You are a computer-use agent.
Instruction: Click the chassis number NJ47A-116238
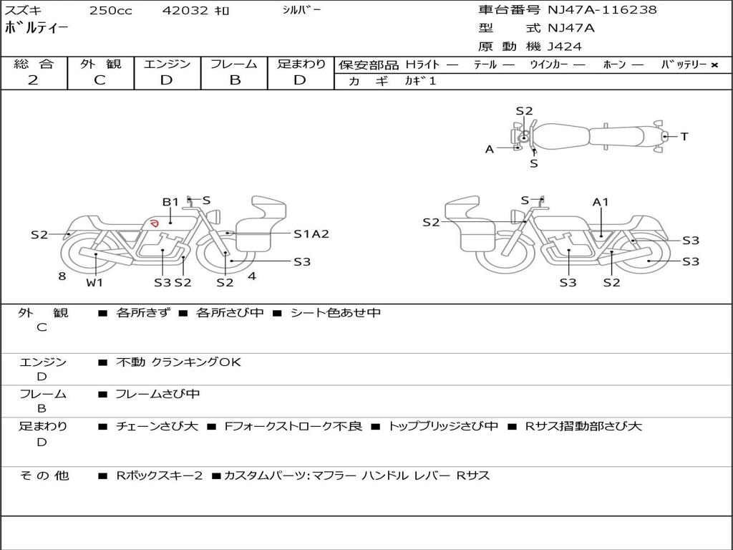coord(602,10)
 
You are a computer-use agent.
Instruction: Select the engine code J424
coord(565,47)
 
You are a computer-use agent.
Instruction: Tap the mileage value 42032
coord(185,11)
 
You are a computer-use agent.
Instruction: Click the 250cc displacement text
coord(110,11)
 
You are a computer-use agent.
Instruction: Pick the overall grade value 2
coord(33,80)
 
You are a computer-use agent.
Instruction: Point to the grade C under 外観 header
coord(99,80)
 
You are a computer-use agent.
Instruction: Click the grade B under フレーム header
coord(235,80)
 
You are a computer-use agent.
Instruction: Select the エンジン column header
coord(167,64)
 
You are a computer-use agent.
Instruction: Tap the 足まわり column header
coord(301,64)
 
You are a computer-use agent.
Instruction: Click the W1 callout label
coord(94,282)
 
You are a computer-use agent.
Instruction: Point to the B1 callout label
coord(170,202)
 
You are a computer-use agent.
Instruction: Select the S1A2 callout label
coord(311,233)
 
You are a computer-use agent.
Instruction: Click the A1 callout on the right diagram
coord(600,202)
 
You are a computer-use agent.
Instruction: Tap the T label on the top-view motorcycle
coord(684,136)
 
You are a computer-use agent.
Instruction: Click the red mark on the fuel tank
coord(152,223)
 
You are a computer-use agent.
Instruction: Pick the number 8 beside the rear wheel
coord(62,275)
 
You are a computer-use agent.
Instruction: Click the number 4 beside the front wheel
coord(251,275)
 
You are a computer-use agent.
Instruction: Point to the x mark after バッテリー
coord(714,65)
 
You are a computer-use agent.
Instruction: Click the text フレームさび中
coord(157,394)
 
